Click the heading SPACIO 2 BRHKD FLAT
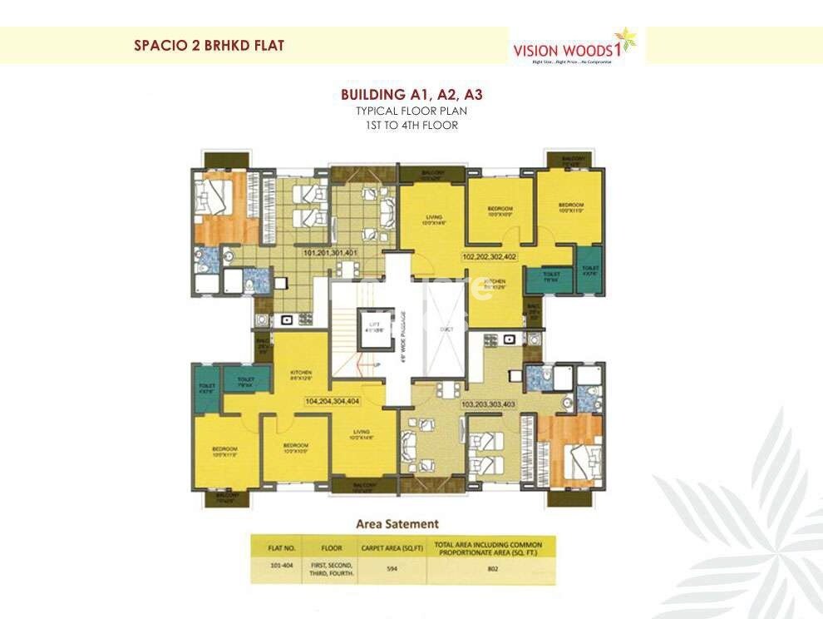[209, 45]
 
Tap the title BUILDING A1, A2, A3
[411, 95]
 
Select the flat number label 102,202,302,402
[490, 257]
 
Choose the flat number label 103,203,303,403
[490, 404]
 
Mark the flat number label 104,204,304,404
[332, 400]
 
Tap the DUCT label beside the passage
[446, 329]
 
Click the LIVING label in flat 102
[433, 220]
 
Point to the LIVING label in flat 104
[362, 433]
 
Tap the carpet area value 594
[391, 571]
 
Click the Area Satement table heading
[397, 524]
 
